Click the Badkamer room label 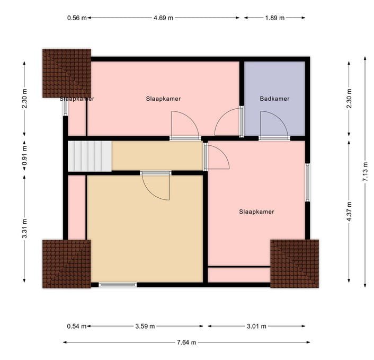click(x=274, y=99)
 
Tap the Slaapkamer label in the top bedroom click(x=164, y=99)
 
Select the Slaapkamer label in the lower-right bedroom click(x=256, y=212)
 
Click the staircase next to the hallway click(x=90, y=156)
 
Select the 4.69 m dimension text click(x=163, y=17)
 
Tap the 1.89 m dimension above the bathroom click(x=274, y=17)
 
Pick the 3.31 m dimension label click(x=24, y=229)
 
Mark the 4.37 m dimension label click(x=349, y=212)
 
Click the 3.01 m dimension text click(x=256, y=326)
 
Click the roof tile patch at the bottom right click(x=295, y=264)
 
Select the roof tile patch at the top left click(x=67, y=73)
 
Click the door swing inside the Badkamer click(x=275, y=125)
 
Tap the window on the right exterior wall click(x=308, y=182)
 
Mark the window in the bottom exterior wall click(x=118, y=285)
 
